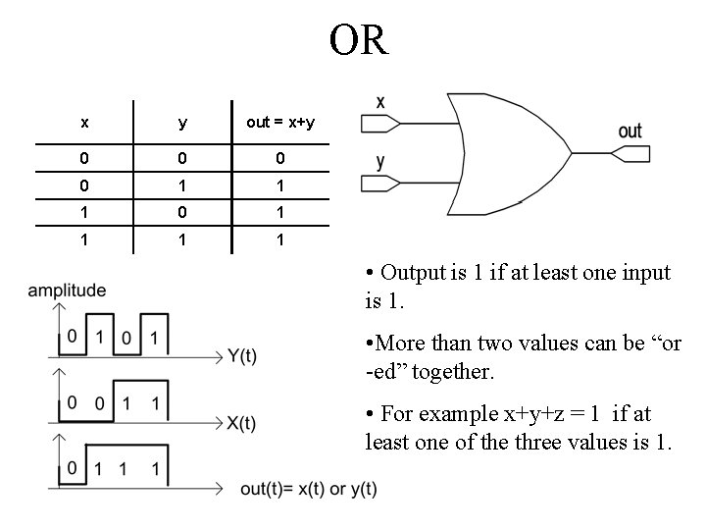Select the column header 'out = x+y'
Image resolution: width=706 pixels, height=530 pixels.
coord(279,123)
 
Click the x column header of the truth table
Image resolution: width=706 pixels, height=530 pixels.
coord(84,123)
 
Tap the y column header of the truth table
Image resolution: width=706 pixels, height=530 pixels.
coord(182,123)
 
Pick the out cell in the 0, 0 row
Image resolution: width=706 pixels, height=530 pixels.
coord(279,158)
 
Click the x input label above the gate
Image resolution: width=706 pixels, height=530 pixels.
coord(380,101)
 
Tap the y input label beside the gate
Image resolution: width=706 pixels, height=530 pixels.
coord(380,162)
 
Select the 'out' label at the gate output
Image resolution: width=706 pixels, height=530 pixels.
coord(630,131)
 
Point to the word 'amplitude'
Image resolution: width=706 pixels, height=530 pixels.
coord(67,291)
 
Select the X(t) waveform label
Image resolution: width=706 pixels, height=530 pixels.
coord(241,423)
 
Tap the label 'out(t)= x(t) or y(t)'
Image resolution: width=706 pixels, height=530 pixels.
coord(308,489)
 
